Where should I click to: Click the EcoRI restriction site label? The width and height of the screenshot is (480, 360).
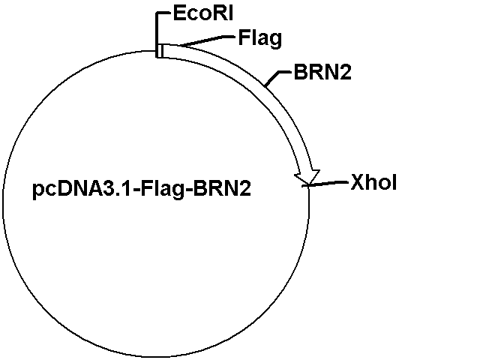(x=203, y=13)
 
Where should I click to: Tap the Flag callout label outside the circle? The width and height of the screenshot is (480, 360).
(x=260, y=39)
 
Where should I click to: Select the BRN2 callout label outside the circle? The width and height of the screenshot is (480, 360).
(x=322, y=72)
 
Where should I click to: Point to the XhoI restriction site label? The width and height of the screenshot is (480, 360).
(x=373, y=182)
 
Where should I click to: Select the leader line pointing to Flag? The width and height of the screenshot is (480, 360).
(x=207, y=41)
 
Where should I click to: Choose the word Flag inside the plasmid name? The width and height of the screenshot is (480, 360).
(x=163, y=190)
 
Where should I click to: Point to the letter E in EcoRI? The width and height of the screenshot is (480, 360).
(x=179, y=13)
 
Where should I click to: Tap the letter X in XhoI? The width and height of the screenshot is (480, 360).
(x=358, y=182)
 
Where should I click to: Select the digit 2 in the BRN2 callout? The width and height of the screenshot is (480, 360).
(x=346, y=72)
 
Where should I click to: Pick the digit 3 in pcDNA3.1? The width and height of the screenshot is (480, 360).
(x=115, y=188)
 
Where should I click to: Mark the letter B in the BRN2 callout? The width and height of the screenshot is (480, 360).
(x=300, y=72)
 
